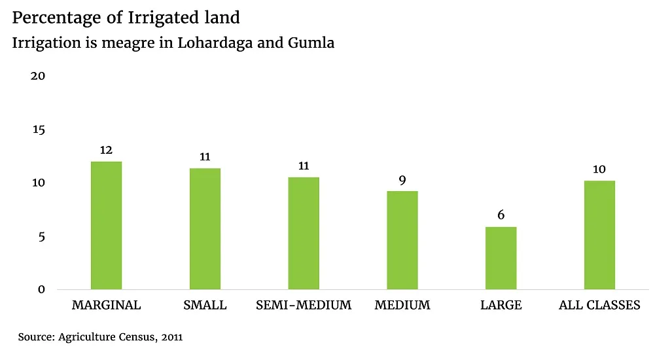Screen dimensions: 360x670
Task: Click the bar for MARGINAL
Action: coord(106,225)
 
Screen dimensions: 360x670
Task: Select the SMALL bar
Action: coord(205,228)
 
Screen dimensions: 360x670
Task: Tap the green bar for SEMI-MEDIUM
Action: coord(304,233)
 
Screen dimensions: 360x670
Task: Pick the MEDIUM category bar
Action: coord(402,240)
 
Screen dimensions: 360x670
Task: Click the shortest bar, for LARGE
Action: coord(501,258)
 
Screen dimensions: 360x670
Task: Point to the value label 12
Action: coord(106,151)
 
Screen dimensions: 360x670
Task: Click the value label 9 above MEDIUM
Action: coord(402,180)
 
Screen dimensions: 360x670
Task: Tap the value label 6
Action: coord(501,215)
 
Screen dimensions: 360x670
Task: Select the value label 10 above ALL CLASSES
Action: coord(599,170)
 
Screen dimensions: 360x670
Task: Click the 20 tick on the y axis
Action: coord(38,76)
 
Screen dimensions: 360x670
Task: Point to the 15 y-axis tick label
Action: coord(38,130)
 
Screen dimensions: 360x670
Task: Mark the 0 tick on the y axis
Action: coord(41,289)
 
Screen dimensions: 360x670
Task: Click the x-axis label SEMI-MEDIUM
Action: coord(304,306)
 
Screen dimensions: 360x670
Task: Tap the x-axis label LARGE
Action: coord(501,306)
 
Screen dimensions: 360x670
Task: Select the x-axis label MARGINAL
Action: coord(106,306)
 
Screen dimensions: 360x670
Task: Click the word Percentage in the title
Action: coord(49,18)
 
